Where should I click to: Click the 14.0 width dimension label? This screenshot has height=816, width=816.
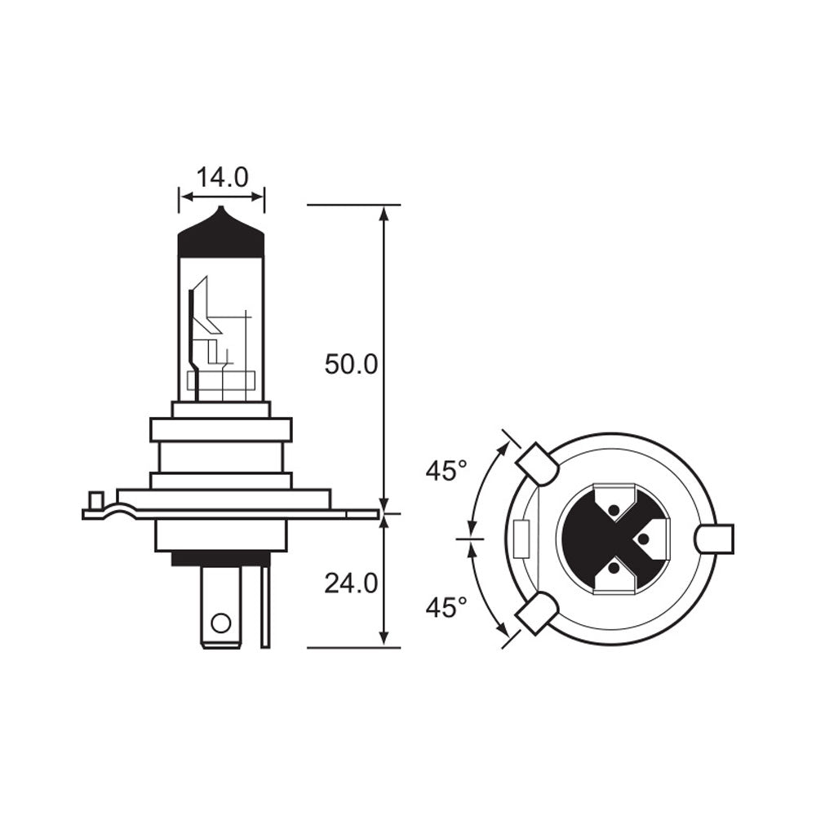point(222,177)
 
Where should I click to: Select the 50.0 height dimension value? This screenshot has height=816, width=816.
point(351,364)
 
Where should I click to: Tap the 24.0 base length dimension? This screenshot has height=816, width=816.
point(351,583)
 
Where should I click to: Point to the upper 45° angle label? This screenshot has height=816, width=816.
point(446,471)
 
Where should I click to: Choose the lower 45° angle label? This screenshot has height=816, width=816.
point(446,607)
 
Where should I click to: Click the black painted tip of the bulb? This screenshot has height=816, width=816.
point(221,236)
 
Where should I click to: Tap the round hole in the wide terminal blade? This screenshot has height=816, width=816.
point(220,624)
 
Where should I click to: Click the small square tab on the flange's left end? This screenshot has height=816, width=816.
point(95,499)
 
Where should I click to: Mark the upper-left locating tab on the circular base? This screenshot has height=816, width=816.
point(536,463)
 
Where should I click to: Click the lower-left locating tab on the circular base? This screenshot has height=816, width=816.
point(536,613)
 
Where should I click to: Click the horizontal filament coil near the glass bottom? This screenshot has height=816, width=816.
point(221,380)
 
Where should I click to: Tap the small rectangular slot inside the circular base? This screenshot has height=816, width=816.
point(523,539)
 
